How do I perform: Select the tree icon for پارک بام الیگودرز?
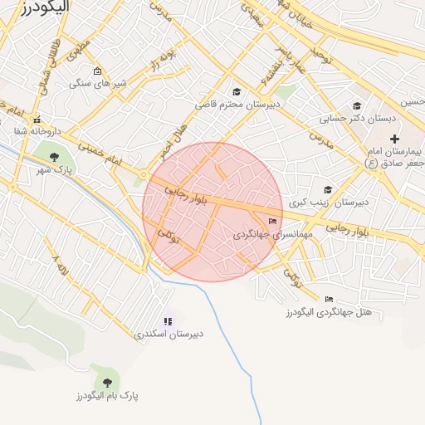click(x=107, y=382)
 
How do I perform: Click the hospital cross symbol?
click(x=394, y=138)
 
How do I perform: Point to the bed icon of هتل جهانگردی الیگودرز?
click(x=330, y=299)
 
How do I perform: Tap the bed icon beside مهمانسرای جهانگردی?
click(x=273, y=221)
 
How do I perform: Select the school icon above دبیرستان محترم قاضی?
click(x=237, y=92)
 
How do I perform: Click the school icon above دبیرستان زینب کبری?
click(x=328, y=189)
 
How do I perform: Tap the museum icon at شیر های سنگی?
click(x=99, y=71)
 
